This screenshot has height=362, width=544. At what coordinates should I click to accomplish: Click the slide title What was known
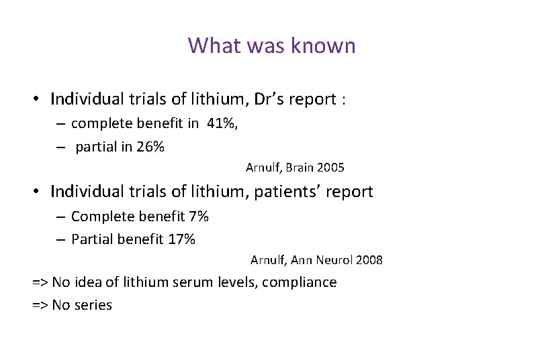(x=272, y=46)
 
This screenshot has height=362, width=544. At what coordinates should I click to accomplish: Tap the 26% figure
(x=150, y=147)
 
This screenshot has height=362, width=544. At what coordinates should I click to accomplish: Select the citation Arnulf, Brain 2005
(x=295, y=167)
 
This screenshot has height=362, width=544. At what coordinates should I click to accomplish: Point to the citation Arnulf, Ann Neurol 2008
(x=316, y=259)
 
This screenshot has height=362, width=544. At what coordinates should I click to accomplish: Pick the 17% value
(x=181, y=239)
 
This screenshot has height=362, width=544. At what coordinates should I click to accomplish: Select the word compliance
(x=300, y=282)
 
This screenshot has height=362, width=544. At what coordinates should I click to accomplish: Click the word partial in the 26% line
(x=95, y=147)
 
